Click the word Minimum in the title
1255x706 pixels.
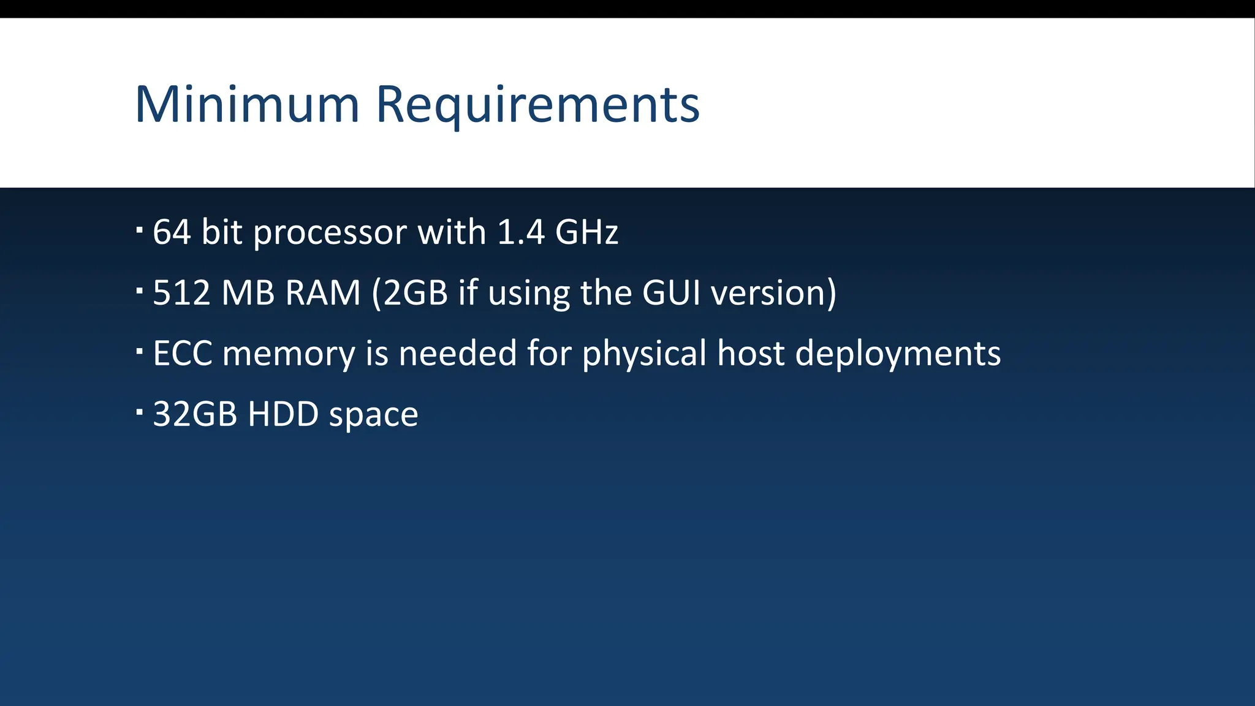coord(246,105)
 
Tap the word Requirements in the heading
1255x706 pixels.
coord(537,105)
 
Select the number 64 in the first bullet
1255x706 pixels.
coord(172,232)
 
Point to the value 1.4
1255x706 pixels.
coord(520,232)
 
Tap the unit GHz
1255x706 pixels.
coord(586,232)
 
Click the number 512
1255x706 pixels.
coord(181,293)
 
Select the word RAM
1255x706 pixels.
coord(322,293)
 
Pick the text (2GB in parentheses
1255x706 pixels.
coord(410,293)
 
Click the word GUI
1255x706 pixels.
coord(671,293)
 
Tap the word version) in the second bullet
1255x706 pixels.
coord(774,293)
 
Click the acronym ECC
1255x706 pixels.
coord(183,354)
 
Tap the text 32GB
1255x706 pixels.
coord(195,414)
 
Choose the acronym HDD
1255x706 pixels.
coord(283,414)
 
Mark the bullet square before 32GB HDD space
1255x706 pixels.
coord(140,411)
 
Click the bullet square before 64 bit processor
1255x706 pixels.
coord(140,229)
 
